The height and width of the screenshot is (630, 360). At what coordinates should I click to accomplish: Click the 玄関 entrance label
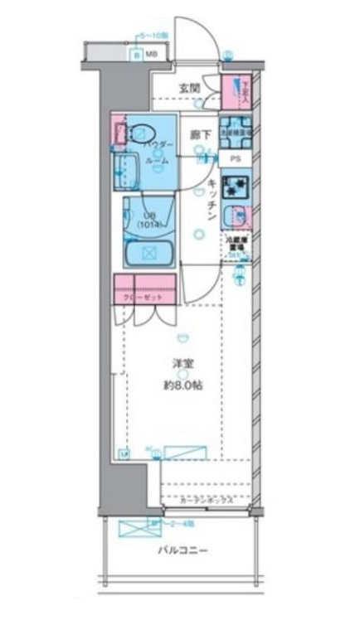pyautogui.click(x=188, y=88)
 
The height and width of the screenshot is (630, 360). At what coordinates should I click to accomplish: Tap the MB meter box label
pyautogui.click(x=151, y=54)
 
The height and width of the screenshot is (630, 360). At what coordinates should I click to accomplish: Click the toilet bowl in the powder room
pyautogui.click(x=143, y=133)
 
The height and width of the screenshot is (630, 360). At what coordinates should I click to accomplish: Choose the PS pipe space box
pyautogui.click(x=236, y=159)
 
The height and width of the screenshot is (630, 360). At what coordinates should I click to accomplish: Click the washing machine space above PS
pyautogui.click(x=236, y=131)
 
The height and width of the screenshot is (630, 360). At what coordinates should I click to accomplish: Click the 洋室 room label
pyautogui.click(x=182, y=364)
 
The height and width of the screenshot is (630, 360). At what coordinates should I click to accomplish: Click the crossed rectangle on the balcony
pyautogui.click(x=133, y=528)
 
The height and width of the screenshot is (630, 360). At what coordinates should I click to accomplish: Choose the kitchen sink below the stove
pyautogui.click(x=237, y=215)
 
